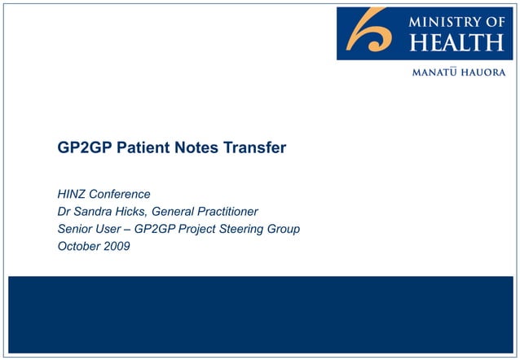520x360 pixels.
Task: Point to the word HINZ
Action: point(72,195)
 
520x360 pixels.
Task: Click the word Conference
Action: point(121,195)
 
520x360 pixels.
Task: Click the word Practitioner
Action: point(224,212)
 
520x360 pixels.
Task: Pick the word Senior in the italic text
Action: point(77,230)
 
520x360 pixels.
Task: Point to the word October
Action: point(78,247)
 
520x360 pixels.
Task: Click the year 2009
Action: point(116,247)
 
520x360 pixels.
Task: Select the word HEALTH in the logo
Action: point(456,42)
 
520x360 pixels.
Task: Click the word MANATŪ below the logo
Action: point(438,72)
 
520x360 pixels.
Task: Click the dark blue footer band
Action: point(260,314)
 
